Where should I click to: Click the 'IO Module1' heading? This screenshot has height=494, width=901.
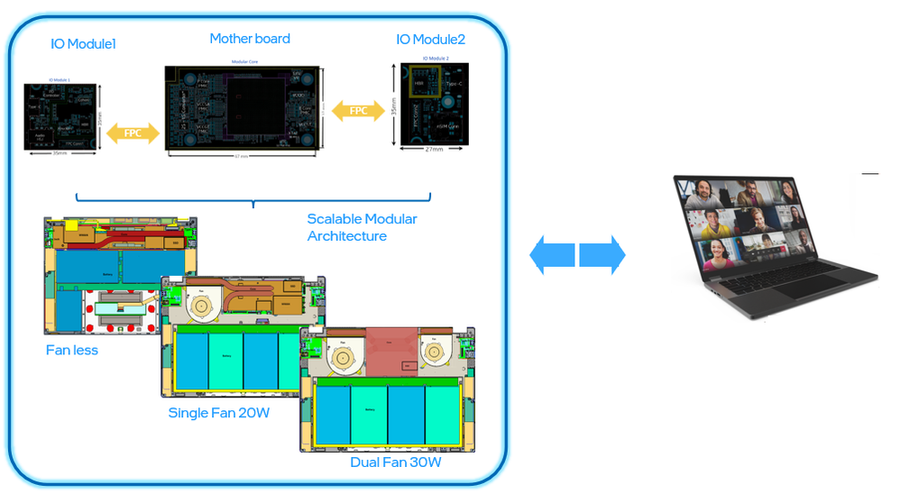coord(83,43)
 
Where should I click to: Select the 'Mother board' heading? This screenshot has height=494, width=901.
coord(250,39)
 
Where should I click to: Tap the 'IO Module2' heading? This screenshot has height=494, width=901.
coord(430,40)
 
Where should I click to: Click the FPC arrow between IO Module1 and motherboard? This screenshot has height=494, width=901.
coord(133,133)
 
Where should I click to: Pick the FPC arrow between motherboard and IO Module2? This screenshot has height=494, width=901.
coord(358,112)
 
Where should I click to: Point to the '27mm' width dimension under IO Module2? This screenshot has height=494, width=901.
coord(433,150)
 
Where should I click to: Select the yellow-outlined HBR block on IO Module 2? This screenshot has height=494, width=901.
coord(419,84)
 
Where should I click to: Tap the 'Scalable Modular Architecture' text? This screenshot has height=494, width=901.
coord(362,227)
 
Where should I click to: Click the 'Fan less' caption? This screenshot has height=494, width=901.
coord(72,350)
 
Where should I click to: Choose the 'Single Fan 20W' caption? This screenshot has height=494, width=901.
coord(218,413)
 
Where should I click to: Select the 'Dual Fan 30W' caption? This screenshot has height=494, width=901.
coord(395,462)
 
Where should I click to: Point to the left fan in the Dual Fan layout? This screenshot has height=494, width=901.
coord(343,358)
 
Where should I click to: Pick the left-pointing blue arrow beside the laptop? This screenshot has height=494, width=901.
coord(551,255)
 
